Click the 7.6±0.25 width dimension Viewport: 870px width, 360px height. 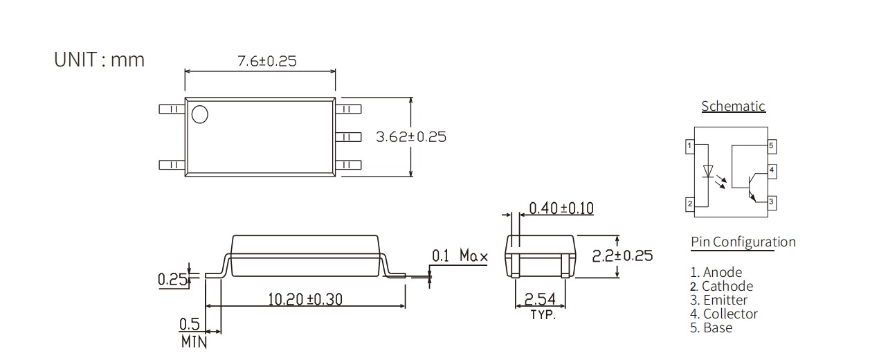click(x=266, y=61)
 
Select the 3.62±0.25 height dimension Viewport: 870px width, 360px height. click(x=410, y=137)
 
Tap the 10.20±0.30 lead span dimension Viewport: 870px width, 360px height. click(x=305, y=299)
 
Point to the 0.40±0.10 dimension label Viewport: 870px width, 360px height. click(x=561, y=208)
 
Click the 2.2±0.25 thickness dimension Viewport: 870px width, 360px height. click(x=622, y=255)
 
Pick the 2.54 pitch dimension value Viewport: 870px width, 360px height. click(x=540, y=299)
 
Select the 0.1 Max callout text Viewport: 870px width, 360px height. click(x=460, y=256)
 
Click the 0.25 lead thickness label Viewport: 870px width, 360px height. click(x=172, y=280)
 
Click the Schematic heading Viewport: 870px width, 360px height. click(x=733, y=107)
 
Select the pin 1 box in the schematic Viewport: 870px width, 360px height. click(x=689, y=146)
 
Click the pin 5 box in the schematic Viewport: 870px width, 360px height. click(x=771, y=146)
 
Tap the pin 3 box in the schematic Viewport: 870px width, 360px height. click(x=771, y=201)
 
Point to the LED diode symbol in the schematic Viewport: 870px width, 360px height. click(x=707, y=170)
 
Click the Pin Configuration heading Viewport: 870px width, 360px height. click(x=743, y=242)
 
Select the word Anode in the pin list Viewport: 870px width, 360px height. click(x=722, y=273)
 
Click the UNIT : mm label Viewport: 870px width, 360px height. click(x=100, y=60)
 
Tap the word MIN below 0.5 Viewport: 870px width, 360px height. click(x=194, y=341)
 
